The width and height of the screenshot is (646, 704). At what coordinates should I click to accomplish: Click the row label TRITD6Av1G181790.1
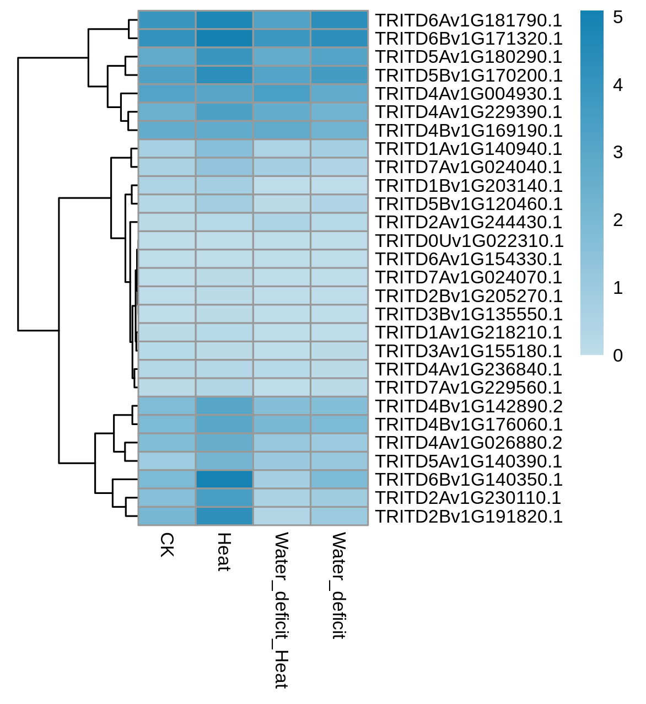(x=469, y=20)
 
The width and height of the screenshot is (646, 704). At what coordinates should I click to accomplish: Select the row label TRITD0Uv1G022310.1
(x=469, y=241)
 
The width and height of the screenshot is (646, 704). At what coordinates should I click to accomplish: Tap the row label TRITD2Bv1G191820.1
(x=469, y=516)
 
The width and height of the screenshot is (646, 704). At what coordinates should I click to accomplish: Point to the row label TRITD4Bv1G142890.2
(x=469, y=406)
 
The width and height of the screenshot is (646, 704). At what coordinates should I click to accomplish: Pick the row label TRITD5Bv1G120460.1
(x=469, y=204)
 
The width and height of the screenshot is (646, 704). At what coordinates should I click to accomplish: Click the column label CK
(x=166, y=545)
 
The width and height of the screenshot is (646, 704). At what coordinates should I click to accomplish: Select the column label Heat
(x=224, y=552)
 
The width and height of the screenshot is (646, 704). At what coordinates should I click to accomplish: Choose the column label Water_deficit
(x=338, y=585)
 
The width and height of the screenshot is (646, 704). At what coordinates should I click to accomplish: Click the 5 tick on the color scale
(x=617, y=17)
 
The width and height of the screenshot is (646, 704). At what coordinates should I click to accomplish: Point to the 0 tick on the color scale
(x=617, y=356)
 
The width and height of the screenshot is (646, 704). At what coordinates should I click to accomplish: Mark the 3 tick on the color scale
(x=617, y=152)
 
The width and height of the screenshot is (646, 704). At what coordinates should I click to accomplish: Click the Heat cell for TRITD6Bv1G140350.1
(x=224, y=480)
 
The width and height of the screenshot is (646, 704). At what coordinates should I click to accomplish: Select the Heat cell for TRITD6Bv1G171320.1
(x=224, y=38)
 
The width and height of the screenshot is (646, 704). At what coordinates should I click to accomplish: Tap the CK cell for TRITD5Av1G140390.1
(x=167, y=461)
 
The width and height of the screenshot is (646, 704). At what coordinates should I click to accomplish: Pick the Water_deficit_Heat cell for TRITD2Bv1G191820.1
(x=282, y=516)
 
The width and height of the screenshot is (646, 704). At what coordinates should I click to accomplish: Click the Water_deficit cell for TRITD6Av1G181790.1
(x=340, y=20)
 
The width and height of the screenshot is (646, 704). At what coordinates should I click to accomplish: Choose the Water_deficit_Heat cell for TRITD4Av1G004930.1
(x=282, y=93)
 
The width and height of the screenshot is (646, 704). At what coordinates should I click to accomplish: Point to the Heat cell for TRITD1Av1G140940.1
(x=224, y=149)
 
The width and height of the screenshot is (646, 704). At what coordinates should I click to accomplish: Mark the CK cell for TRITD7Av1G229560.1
(x=167, y=388)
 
